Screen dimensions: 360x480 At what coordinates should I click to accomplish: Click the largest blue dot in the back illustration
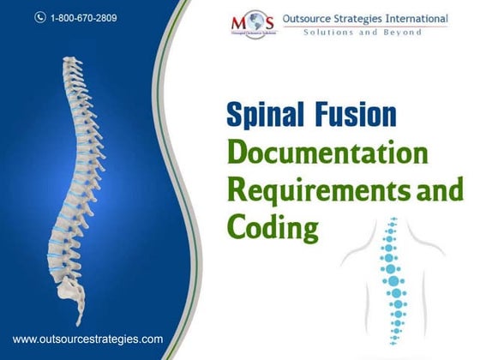point(394,279)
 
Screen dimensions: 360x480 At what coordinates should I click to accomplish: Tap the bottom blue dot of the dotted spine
point(397,349)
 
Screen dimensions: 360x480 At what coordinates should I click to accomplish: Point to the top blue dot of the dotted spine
point(394,219)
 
